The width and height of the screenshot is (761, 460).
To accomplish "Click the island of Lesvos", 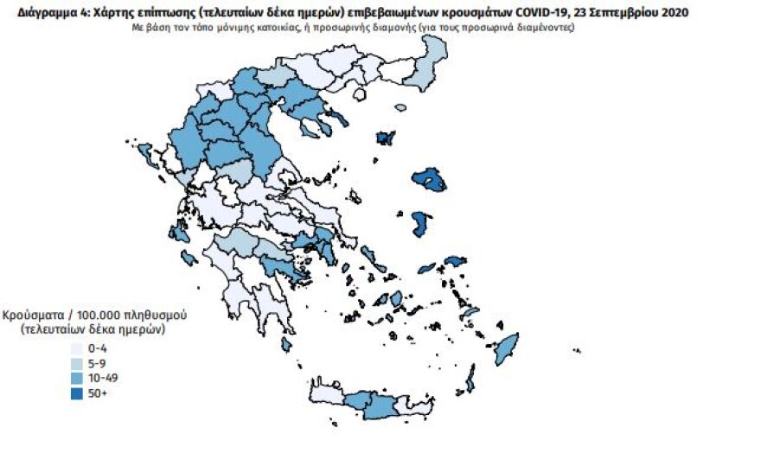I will tap(429, 179).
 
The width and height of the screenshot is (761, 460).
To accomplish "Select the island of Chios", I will tap(421, 224).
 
